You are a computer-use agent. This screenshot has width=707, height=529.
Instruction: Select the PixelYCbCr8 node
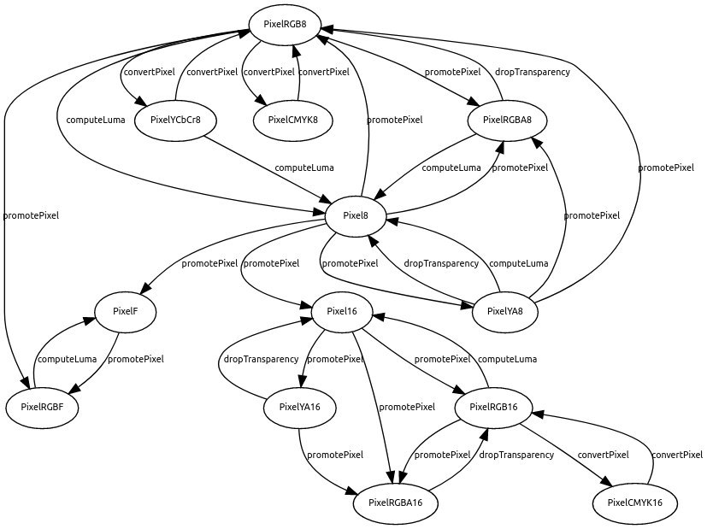(x=174, y=120)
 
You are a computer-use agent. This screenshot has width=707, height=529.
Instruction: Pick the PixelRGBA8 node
(x=508, y=120)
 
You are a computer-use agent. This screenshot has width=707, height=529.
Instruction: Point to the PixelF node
(x=125, y=311)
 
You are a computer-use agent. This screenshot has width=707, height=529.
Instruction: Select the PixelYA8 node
(x=511, y=311)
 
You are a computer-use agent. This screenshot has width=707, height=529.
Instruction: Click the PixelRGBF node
(x=43, y=407)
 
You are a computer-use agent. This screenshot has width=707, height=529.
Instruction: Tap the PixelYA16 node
(x=299, y=407)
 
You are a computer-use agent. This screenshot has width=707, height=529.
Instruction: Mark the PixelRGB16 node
(x=495, y=407)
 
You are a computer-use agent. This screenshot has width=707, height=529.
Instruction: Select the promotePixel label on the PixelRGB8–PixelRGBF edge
(x=32, y=215)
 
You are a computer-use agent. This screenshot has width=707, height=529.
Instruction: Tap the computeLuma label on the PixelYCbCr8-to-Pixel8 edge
(x=304, y=168)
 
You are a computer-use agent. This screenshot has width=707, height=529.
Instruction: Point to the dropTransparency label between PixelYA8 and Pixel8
(x=441, y=263)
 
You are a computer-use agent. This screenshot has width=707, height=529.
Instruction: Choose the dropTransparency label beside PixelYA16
(x=262, y=359)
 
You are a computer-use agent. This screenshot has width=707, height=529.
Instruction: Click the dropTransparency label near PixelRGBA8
(x=533, y=72)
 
